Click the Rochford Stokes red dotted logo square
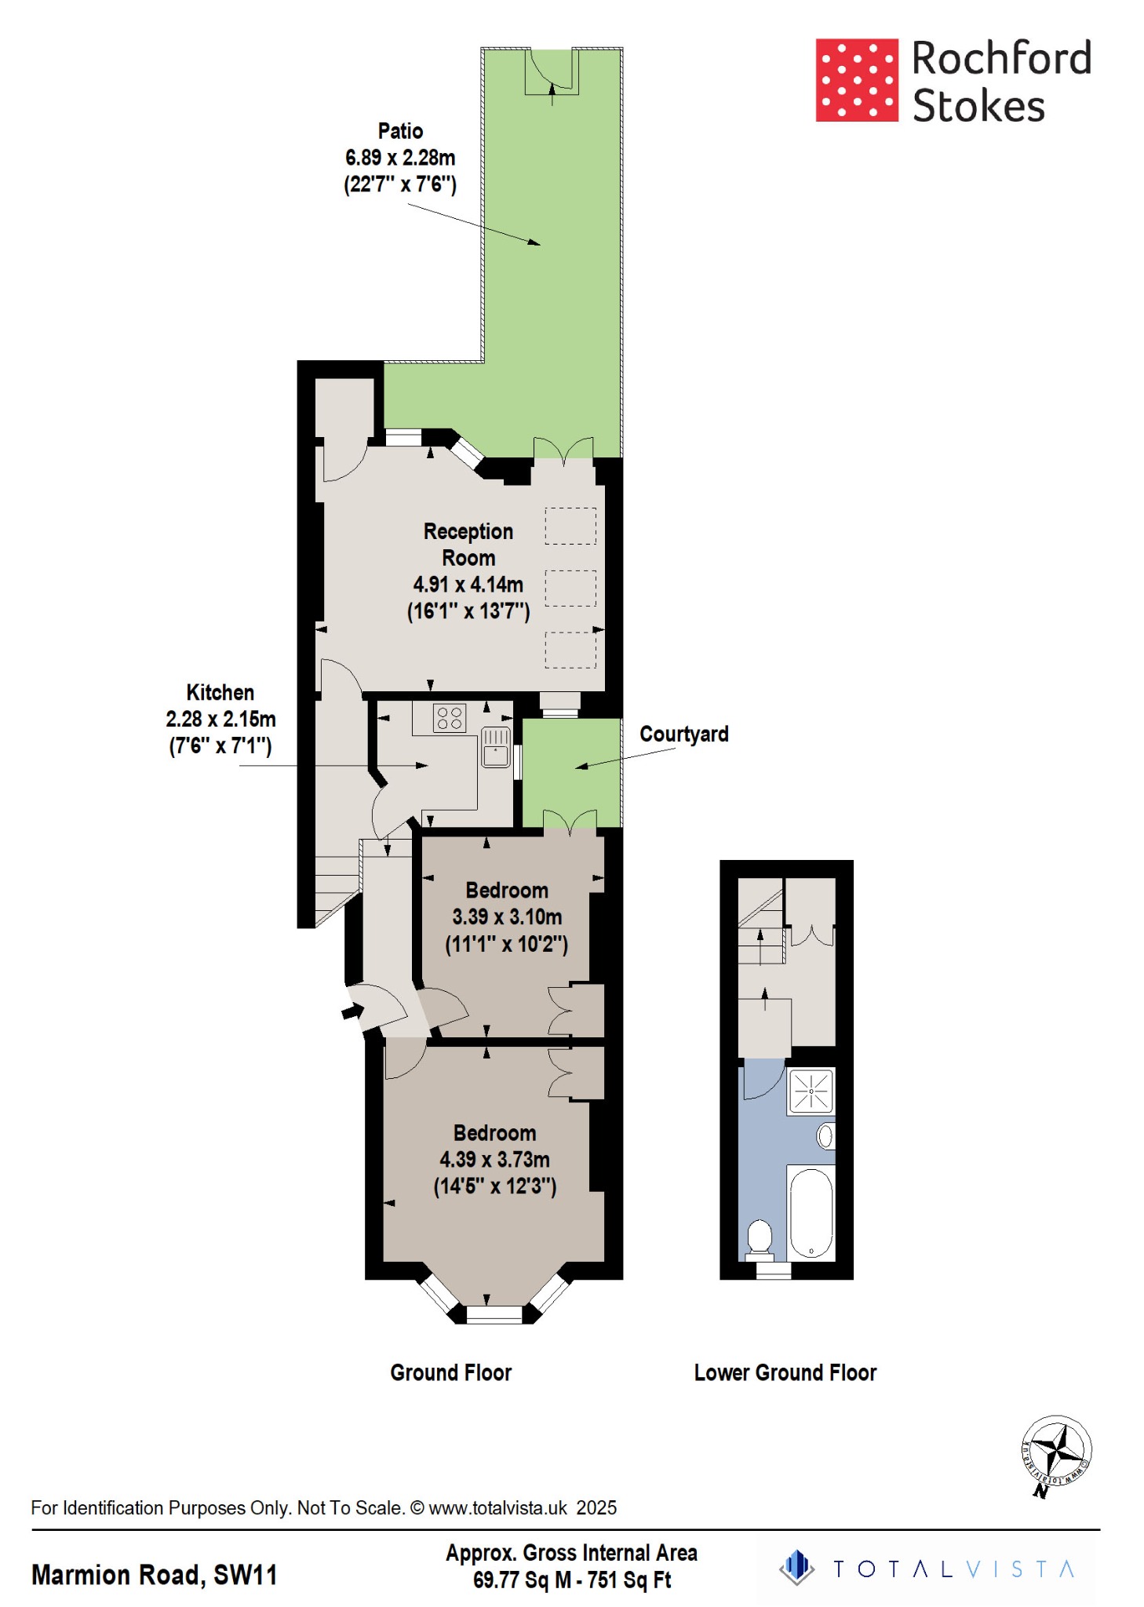click(x=857, y=80)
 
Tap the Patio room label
click(x=400, y=131)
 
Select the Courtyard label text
click(x=683, y=734)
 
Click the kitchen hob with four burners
click(x=450, y=718)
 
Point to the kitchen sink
click(x=496, y=747)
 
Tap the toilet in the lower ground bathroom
click(x=760, y=1237)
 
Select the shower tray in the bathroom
click(x=811, y=1091)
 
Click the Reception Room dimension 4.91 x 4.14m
click(x=468, y=585)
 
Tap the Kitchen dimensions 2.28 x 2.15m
click(x=220, y=719)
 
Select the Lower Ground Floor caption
click(x=785, y=1372)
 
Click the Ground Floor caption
click(x=451, y=1372)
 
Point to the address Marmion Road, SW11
click(x=155, y=1575)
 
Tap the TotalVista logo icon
click(x=797, y=1568)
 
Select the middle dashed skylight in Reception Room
click(x=570, y=589)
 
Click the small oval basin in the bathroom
click(x=825, y=1135)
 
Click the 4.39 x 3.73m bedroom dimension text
click(x=494, y=1159)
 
